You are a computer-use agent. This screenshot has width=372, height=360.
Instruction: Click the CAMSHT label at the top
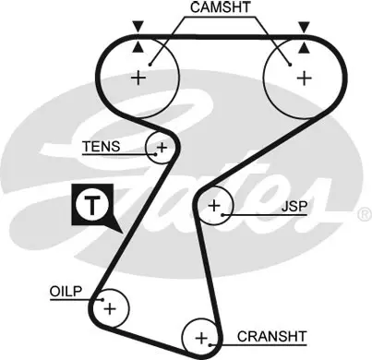point(220,7)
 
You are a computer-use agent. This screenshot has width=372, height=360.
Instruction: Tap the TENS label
point(102,147)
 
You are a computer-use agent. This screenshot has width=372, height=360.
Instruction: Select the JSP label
point(294,207)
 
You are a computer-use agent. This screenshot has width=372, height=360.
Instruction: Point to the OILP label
point(66,291)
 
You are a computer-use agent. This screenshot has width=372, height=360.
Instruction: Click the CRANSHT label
point(272,336)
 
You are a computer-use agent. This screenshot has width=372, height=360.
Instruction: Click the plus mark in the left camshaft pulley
point(138,78)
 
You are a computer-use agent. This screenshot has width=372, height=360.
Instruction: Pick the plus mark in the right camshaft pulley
point(305,78)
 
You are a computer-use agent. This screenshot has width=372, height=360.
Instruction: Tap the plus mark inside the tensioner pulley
point(162,148)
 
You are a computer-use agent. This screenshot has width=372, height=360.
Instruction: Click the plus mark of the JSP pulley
point(214,205)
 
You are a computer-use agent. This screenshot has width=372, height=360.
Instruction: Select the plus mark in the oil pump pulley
point(110,308)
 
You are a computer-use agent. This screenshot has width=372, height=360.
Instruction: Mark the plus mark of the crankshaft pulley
point(201,338)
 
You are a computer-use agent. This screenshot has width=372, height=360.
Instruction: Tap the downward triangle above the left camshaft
point(138,26)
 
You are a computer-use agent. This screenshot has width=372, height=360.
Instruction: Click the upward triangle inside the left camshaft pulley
point(138,47)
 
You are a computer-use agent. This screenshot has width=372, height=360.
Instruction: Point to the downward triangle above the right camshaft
point(305,27)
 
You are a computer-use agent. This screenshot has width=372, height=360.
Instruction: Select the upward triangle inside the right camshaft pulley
point(305,48)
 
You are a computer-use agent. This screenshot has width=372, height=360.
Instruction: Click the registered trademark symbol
point(365,214)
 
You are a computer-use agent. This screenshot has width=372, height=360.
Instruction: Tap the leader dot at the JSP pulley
point(222,214)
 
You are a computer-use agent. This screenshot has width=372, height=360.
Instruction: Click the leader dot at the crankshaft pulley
point(210,344)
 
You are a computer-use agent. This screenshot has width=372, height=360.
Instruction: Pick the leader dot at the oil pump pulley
point(102,300)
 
